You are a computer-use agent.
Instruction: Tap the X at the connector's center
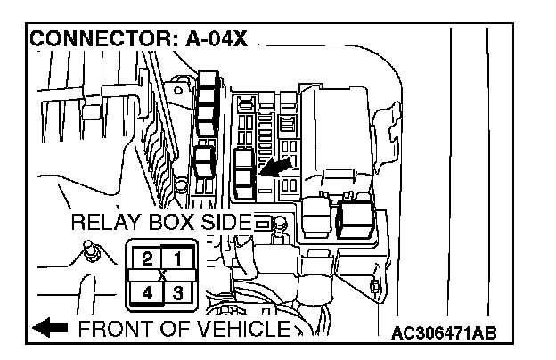pyautogui.click(x=161, y=274)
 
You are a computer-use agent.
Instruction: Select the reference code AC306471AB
pyautogui.click(x=443, y=332)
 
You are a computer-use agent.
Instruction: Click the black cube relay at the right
pyautogui.click(x=356, y=217)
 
